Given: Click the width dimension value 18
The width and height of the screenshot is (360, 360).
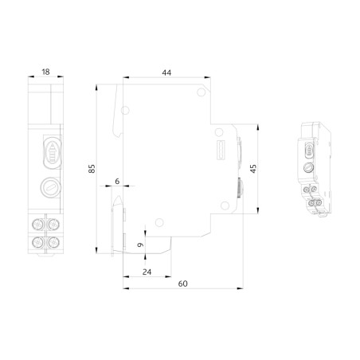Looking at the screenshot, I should click(x=45, y=72).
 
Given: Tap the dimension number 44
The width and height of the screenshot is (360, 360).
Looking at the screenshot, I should click(x=166, y=72).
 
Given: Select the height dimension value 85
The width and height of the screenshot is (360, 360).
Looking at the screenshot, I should click(x=92, y=168).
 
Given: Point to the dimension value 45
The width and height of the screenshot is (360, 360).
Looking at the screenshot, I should click(x=252, y=168).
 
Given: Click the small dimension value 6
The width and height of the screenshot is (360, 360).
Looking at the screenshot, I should click(x=117, y=182).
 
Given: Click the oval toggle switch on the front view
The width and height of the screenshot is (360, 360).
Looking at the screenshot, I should click(x=49, y=151).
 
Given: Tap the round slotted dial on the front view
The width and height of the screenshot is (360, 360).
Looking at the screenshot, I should click(x=49, y=189).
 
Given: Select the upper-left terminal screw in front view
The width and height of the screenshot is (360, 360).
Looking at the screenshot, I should click(x=38, y=222).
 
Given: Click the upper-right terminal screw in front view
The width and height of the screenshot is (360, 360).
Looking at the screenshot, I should click(x=56, y=222).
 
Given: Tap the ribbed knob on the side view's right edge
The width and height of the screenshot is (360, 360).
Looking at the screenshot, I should click(x=238, y=189).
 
